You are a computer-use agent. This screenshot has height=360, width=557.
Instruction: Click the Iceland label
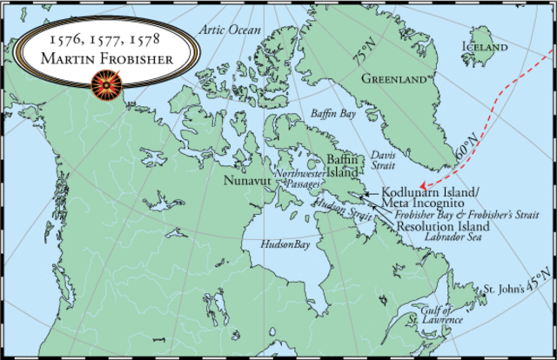[485, 45]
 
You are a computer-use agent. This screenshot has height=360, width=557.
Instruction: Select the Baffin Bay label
[333, 113]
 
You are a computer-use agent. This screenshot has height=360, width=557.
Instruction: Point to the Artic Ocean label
[230, 30]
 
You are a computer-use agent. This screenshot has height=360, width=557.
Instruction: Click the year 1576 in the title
[66, 40]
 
